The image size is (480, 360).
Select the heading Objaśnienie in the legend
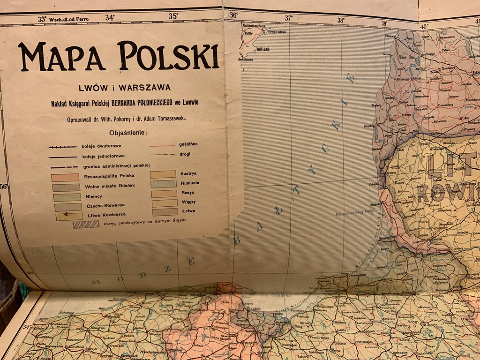[x=128, y=133]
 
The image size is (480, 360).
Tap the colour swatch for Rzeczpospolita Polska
[x=65, y=178]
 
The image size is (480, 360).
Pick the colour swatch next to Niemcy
[x=67, y=197]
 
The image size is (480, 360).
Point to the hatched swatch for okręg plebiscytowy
[x=86, y=224]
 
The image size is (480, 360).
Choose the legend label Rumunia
[x=189, y=183]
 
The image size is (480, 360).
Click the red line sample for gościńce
[x=162, y=145]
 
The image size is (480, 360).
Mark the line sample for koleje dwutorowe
[x=62, y=147]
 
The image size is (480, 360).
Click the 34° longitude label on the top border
[x=110, y=18]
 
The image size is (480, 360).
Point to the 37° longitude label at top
[x=289, y=18]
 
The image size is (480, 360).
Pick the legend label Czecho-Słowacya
[x=105, y=206]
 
